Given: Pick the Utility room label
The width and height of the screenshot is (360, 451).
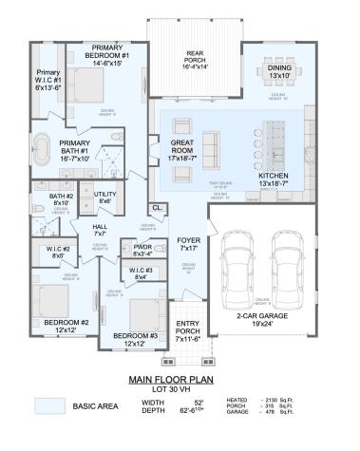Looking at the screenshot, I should coord(104,197).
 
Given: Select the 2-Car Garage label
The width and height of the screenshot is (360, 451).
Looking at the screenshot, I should coord(264,318).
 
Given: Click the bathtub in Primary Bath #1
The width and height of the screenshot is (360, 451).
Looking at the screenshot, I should coord(43,150).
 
